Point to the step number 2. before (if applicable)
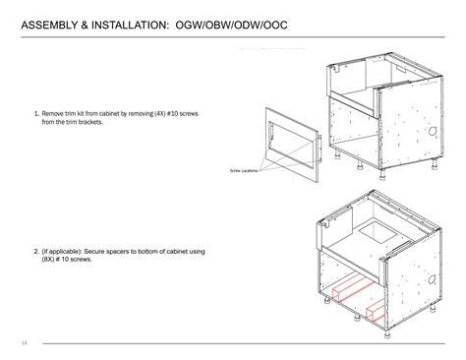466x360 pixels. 36,253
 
